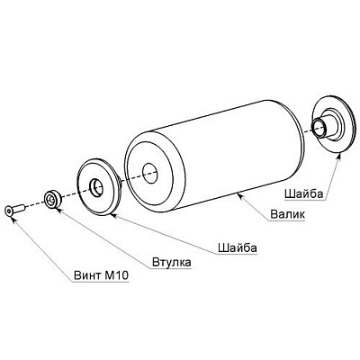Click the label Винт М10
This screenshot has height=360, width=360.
click(101, 275)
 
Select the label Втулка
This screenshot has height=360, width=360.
click(172, 262)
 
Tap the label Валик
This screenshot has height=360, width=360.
click(287, 214)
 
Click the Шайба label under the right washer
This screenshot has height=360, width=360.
click(303, 194)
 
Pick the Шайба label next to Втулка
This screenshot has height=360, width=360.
click(238, 248)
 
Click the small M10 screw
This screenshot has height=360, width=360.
click(15, 210)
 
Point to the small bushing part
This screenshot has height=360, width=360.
click(53, 199)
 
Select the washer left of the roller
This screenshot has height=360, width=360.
click(98, 187)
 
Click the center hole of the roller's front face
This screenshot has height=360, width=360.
click(150, 174)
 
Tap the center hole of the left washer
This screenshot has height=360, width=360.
click(96, 188)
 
